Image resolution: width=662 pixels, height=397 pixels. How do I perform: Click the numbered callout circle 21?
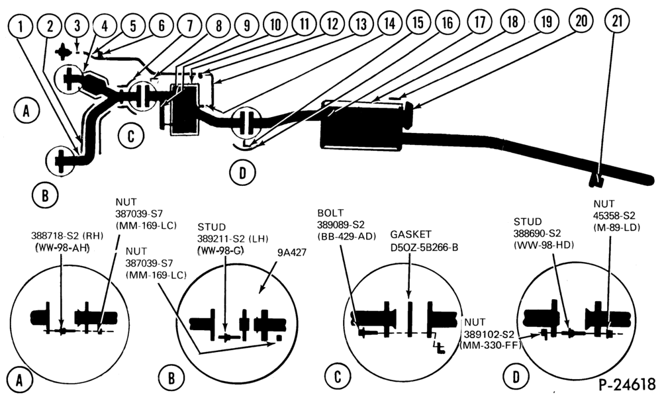[x=617, y=21]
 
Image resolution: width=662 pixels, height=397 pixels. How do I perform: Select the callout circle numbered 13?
[x=361, y=24]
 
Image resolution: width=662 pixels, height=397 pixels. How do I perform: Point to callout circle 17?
[x=479, y=22]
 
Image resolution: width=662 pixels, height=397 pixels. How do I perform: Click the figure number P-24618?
[x=627, y=384]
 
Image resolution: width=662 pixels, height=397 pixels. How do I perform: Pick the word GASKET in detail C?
[x=410, y=234]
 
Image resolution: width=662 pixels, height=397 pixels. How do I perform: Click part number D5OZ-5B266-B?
[x=424, y=246]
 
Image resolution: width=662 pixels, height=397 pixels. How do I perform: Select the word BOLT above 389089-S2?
[x=330, y=212]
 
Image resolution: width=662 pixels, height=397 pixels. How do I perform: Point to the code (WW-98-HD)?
[x=544, y=244]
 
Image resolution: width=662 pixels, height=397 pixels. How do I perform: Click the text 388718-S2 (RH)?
[x=67, y=236]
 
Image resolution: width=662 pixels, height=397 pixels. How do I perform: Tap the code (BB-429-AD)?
[x=347, y=236]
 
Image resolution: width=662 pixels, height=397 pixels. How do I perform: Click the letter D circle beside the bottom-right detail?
[x=516, y=376]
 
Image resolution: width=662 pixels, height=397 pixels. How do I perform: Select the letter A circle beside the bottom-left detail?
[x=19, y=380]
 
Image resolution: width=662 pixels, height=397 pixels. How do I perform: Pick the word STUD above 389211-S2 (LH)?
[x=212, y=227]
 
